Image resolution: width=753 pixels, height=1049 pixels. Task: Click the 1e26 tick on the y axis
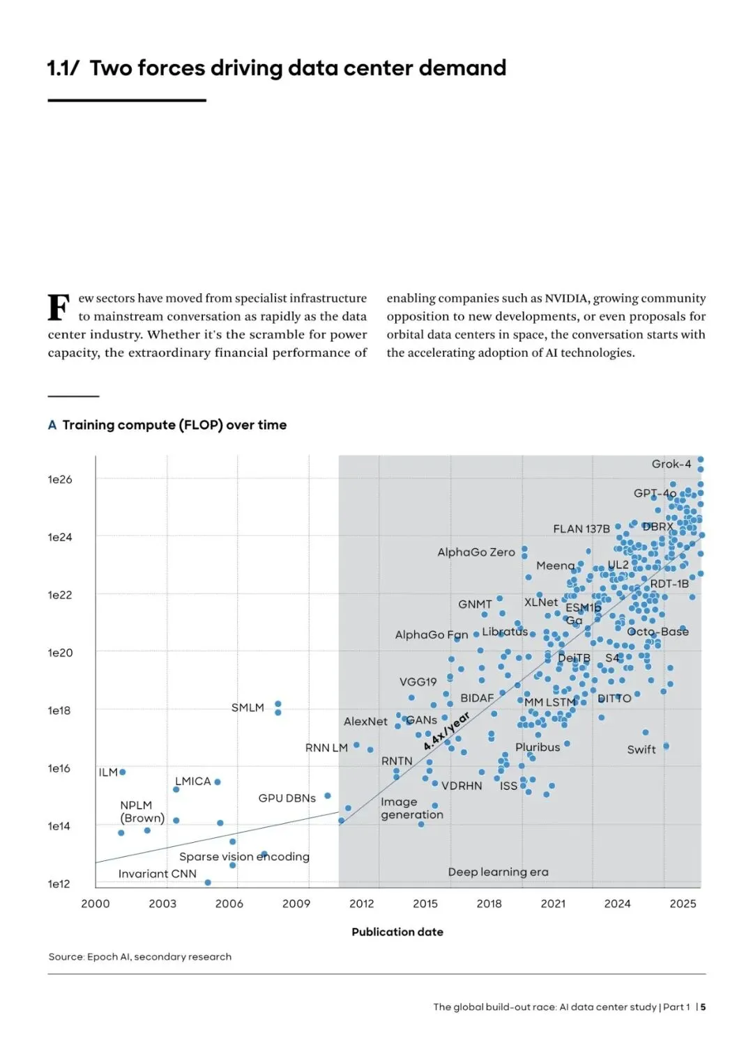(60, 479)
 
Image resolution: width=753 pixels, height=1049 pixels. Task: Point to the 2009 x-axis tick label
(296, 903)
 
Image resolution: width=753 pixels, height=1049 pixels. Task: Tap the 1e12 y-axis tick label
(59, 884)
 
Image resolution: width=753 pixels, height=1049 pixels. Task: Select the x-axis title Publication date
(397, 932)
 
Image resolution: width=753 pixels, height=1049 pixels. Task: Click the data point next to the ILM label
(123, 772)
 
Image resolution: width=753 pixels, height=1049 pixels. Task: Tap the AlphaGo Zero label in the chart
(476, 552)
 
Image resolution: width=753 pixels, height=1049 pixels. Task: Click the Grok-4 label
(671, 464)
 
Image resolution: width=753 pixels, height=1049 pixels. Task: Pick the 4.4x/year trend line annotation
(446, 731)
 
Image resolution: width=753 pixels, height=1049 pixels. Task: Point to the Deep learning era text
(498, 872)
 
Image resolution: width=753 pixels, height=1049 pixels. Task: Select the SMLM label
(248, 708)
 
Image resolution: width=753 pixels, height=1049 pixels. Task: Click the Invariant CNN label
(157, 874)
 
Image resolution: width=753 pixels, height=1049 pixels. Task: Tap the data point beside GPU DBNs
(327, 795)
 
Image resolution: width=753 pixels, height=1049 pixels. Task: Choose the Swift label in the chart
(641, 749)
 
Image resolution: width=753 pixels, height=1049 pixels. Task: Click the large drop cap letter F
(59, 307)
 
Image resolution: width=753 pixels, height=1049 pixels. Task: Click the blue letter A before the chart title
(52, 425)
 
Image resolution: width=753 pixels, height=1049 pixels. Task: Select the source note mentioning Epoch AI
(139, 957)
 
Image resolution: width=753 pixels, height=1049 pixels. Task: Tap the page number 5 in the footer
(703, 1007)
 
